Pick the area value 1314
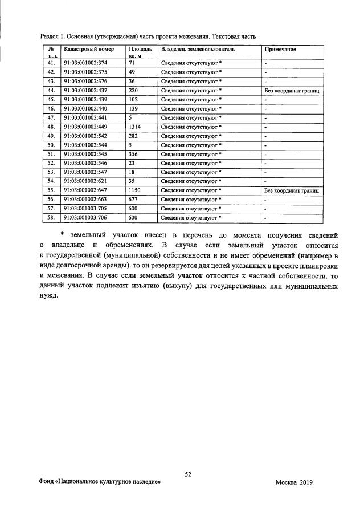134,127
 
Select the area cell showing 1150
134,190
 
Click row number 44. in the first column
51,91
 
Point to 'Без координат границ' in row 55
292,190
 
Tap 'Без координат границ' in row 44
292,91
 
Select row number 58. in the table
51,218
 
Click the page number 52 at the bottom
188,474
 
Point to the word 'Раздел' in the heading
51,36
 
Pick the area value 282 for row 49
133,136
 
